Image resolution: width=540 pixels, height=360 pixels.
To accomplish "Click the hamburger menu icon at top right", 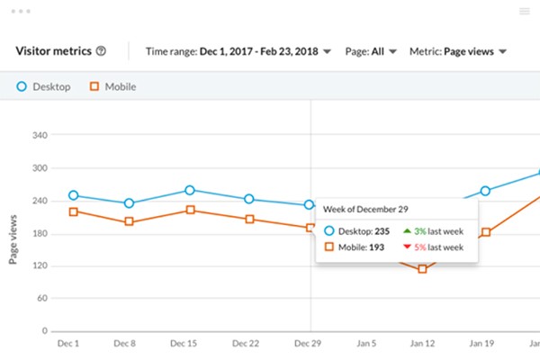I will pyautogui.click(x=525, y=12).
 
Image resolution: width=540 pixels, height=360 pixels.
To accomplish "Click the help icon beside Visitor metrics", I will pyautogui.click(x=101, y=51).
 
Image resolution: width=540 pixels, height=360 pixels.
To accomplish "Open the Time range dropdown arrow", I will pyautogui.click(x=327, y=51).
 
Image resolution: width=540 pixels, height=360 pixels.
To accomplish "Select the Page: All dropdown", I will pyautogui.click(x=372, y=51).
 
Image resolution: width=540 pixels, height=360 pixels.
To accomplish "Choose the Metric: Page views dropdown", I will pyautogui.click(x=457, y=51).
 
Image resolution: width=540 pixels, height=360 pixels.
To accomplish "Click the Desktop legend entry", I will pyautogui.click(x=45, y=87).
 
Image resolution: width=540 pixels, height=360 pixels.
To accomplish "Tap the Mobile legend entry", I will pyautogui.click(x=113, y=87).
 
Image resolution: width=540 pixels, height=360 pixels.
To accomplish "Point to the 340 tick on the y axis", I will pyautogui.click(x=40, y=136).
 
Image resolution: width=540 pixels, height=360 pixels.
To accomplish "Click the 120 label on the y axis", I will pyautogui.click(x=40, y=266).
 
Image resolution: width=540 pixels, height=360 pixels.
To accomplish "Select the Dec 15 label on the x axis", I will pyautogui.click(x=184, y=344).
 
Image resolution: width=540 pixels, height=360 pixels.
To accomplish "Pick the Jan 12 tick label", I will pyautogui.click(x=422, y=344).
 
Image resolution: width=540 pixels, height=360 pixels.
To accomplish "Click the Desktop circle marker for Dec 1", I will pyautogui.click(x=73, y=195).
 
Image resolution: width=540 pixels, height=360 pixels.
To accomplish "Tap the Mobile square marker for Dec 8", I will pyautogui.click(x=129, y=221).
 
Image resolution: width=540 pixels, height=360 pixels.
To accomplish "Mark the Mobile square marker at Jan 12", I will pyautogui.click(x=422, y=268).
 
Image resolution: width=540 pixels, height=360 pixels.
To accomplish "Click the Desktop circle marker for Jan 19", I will pyautogui.click(x=485, y=191).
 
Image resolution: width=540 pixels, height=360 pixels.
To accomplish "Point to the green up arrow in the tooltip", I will pyautogui.click(x=408, y=230).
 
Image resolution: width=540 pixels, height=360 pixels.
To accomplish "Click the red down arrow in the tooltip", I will pyautogui.click(x=408, y=247).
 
